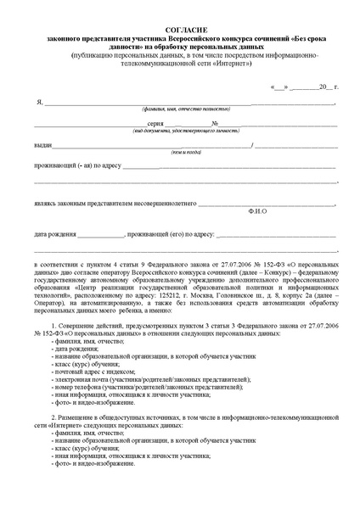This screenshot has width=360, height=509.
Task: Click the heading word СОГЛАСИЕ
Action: point(180,29)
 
